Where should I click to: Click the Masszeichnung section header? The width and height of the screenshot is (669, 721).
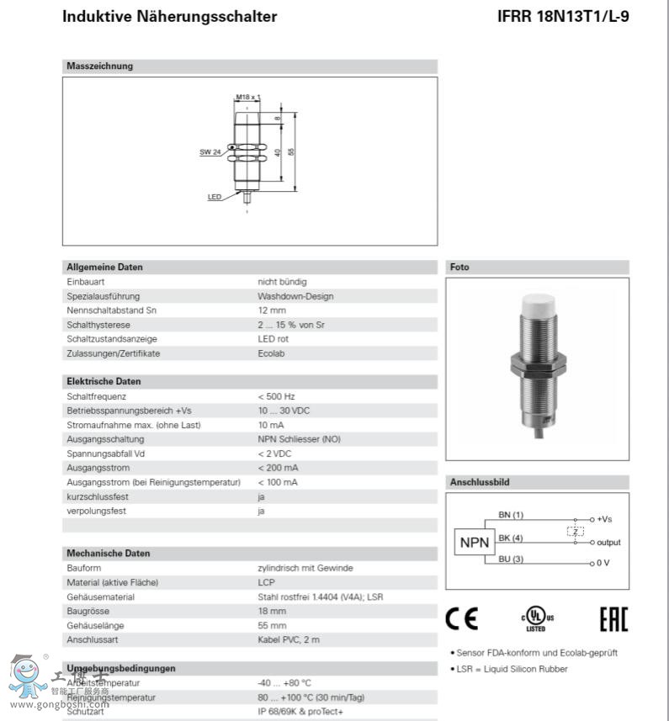(x=100, y=66)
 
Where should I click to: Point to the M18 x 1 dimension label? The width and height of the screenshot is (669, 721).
(x=247, y=98)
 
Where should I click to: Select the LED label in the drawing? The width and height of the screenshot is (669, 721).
(x=214, y=197)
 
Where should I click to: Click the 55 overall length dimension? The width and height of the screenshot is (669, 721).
(x=291, y=151)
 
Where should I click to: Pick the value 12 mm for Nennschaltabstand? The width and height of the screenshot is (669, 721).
(x=271, y=310)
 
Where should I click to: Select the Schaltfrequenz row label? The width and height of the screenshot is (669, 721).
(x=97, y=396)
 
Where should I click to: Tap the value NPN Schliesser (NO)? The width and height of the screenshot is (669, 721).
(x=299, y=439)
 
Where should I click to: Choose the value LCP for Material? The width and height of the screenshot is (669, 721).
(x=266, y=582)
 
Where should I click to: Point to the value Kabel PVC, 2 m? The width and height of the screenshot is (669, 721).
(x=289, y=639)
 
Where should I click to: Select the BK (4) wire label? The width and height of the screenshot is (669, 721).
(x=510, y=538)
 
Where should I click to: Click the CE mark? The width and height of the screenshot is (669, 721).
(x=461, y=621)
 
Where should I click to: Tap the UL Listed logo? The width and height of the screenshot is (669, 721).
(x=535, y=621)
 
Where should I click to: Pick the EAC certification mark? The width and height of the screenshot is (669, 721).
(x=613, y=621)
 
